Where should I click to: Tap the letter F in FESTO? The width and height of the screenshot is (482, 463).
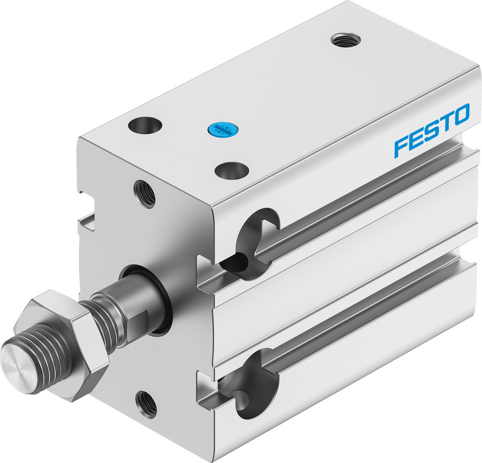[401, 146]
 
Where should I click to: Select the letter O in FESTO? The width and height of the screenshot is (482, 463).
[460, 115]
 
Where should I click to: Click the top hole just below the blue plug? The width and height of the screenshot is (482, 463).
[231, 170]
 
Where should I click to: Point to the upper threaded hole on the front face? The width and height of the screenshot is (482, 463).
[145, 194]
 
